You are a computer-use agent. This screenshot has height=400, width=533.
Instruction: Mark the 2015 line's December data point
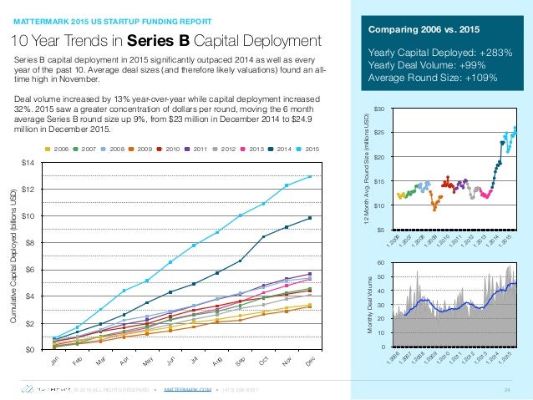tap(310, 176)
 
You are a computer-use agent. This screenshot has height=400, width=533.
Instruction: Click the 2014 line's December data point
tap(310, 218)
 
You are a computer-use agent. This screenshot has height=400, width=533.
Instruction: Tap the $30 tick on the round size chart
tap(379, 109)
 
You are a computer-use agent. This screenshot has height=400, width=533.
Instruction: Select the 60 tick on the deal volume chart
tap(380, 262)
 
